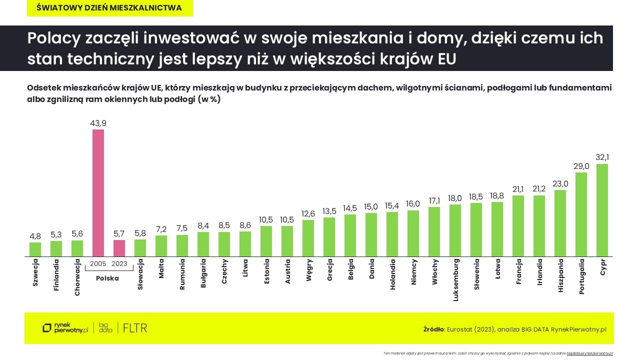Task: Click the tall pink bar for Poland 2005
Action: (98, 193)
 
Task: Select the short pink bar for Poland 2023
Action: (119, 248)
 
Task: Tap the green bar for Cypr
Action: (602, 210)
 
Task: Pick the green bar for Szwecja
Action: (35, 249)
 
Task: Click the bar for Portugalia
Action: (581, 214)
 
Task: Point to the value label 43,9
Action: (98, 123)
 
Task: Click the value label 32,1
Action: (602, 157)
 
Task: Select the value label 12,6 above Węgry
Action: (308, 213)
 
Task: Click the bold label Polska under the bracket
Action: (108, 278)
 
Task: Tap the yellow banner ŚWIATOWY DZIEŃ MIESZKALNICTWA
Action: (110, 8)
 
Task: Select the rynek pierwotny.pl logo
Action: (65, 328)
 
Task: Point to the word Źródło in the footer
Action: (433, 329)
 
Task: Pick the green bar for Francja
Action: (518, 226)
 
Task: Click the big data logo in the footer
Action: (105, 328)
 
